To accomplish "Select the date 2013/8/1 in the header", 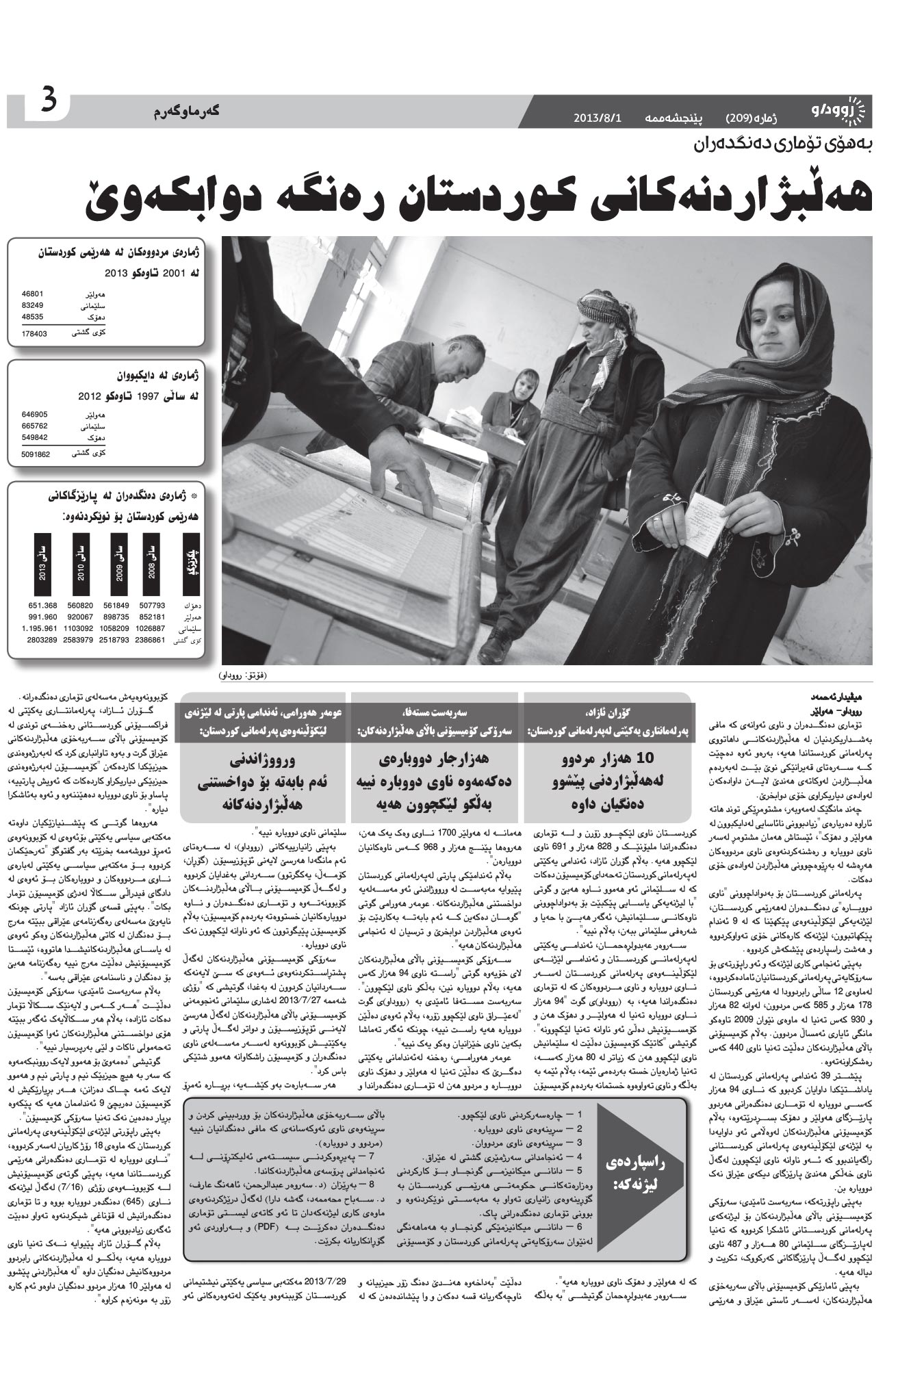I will [x=597, y=118].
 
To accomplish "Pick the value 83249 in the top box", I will [x=33, y=305].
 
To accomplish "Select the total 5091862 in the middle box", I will [x=36, y=454].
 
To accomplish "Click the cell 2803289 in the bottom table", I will [x=42, y=640].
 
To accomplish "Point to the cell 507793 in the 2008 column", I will [x=151, y=606].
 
